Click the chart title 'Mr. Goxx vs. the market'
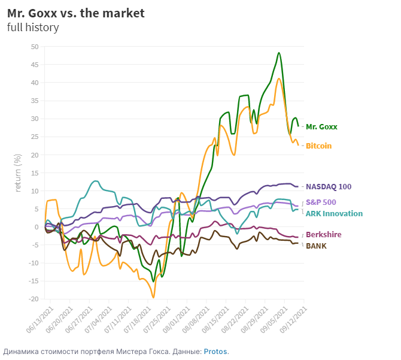coord(76,13)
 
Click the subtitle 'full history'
coord(33,27)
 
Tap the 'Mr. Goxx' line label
coord(321,127)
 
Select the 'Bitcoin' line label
coord(318,146)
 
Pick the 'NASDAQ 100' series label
coord(329,187)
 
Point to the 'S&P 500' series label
coord(321,202)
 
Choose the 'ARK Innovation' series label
coord(334,213)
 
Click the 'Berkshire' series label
coord(323,235)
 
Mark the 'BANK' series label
coord(316,245)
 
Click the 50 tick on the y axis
coord(34,47)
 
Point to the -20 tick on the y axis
coord(34,299)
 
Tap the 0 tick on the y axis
coord(36,227)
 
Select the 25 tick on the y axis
coord(34,137)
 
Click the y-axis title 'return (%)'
coord(18,173)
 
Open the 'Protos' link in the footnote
coord(215,351)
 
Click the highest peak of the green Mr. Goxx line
coord(279,53)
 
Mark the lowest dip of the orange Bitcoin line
coord(153,297)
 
